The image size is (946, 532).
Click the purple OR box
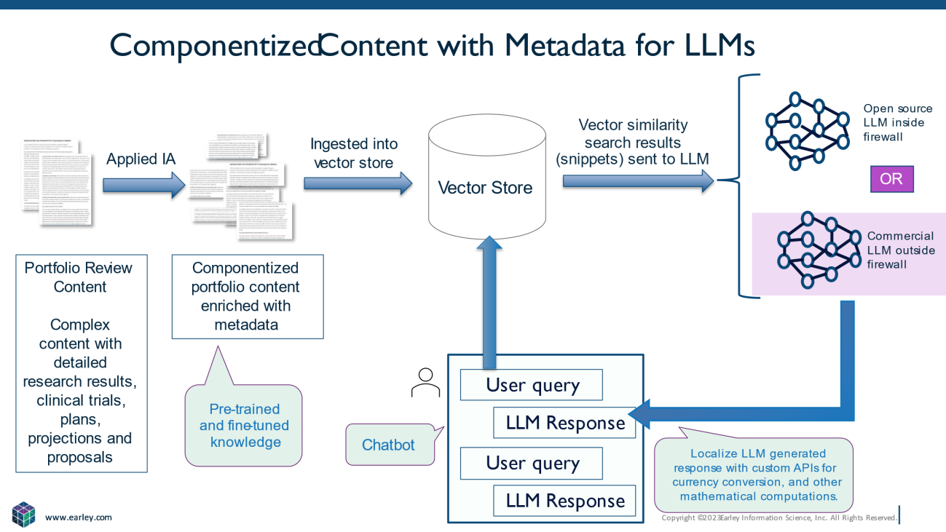tap(891, 179)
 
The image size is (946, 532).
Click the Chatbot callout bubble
tap(388, 445)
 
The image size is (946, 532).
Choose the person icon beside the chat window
tap(425, 382)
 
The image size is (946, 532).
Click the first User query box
tap(532, 385)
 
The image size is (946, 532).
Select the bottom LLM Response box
tap(564, 501)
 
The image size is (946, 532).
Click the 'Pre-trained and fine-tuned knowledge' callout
tap(244, 425)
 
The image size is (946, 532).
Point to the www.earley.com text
tap(79, 517)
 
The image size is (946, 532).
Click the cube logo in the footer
tap(23, 514)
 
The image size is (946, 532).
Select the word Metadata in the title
tap(564, 46)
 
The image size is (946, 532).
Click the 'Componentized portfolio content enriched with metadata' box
tap(247, 296)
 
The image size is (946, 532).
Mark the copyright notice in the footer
tap(779, 518)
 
